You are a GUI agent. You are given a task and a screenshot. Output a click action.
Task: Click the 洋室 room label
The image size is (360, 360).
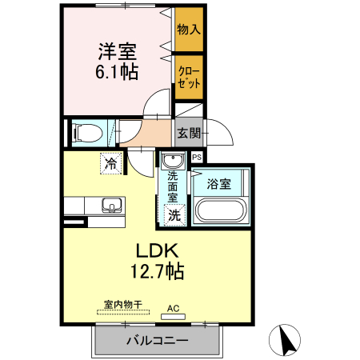(x=116, y=50)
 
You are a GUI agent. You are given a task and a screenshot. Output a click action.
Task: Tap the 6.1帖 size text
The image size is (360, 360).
(x=116, y=72)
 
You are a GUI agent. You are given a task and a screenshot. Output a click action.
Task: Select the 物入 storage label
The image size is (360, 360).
(x=189, y=30)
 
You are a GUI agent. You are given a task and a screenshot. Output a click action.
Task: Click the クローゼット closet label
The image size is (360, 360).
(x=189, y=77)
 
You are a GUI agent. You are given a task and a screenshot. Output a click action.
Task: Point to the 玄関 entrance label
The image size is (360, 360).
(x=189, y=133)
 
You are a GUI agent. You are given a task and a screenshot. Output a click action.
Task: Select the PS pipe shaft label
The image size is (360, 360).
(x=196, y=158)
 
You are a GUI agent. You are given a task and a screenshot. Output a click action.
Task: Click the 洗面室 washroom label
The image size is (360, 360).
(x=173, y=187)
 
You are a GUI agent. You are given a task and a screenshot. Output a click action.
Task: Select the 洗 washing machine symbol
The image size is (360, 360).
(x=174, y=214)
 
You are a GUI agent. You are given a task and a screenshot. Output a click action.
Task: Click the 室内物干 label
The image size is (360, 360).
(x=122, y=304)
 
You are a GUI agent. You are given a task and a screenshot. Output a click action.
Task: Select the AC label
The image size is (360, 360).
(x=173, y=307)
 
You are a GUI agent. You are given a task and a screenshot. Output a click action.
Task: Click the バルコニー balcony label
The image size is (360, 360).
(x=157, y=342)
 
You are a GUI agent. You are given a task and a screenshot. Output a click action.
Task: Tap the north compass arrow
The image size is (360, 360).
(x=286, y=340)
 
